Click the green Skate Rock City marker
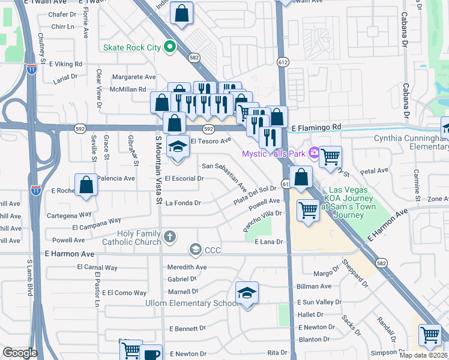point(170,46)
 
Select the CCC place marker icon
point(195,249)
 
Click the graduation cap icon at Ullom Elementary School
point(247,293)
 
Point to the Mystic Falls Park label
point(273,154)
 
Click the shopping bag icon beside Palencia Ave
point(86,185)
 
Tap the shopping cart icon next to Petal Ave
point(330,157)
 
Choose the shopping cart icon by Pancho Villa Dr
point(308,211)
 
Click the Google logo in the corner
point(20,353)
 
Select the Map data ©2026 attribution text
point(423,355)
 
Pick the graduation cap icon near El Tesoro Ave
point(177,146)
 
